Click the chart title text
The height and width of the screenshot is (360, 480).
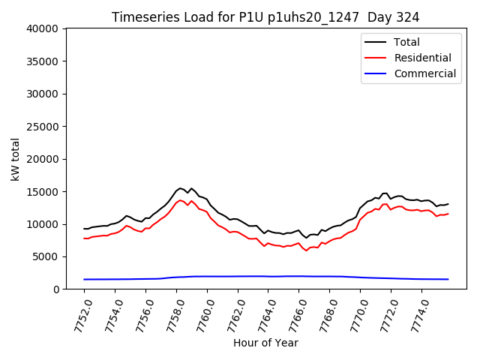[x=265, y=16]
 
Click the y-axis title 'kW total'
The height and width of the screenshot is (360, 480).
[x=16, y=159]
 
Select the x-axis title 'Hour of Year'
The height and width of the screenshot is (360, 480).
[x=265, y=343]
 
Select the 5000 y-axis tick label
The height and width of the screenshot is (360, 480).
[x=46, y=256]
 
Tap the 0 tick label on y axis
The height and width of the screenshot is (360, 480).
[x=56, y=289]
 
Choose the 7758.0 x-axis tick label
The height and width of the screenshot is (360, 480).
[x=174, y=316]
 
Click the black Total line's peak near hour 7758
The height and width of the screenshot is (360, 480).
[x=180, y=187]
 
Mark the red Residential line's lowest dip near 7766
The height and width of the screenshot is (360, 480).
[x=306, y=250]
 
